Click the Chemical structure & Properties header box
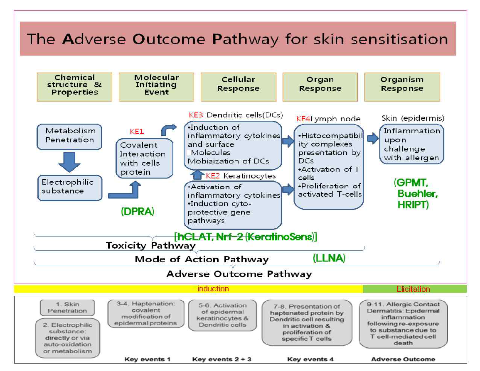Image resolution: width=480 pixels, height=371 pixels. (74, 87)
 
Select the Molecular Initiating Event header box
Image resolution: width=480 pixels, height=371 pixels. (156, 87)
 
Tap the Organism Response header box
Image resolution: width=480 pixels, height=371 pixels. (401, 87)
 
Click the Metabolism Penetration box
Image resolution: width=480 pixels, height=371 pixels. (69, 136)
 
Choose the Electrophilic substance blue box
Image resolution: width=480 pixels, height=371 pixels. (69, 187)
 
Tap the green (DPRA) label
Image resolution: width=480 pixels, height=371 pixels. (138, 211)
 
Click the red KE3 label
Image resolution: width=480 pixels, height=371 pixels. (196, 115)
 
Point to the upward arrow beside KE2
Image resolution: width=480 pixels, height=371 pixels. (198, 175)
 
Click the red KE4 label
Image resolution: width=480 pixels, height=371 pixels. (303, 119)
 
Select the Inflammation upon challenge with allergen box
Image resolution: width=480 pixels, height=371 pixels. (411, 144)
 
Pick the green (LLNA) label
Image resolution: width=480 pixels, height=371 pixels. (329, 258)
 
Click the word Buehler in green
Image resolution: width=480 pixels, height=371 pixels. (417, 194)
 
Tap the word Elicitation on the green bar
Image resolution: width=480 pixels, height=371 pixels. (413, 289)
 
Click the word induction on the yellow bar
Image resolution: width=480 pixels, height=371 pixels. (213, 289)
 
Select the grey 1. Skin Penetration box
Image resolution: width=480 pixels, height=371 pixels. (67, 308)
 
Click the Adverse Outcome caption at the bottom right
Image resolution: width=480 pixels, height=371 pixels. (403, 359)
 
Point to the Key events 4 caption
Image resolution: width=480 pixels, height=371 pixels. (310, 359)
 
